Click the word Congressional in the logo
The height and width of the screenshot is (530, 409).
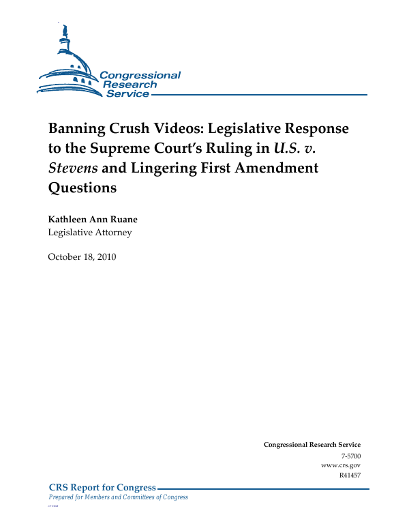point(140,75)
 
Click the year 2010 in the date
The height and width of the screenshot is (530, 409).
point(105,256)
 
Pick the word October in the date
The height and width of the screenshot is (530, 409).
point(65,256)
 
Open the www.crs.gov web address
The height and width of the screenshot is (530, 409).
point(341,465)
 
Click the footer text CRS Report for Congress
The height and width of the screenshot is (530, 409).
point(103,488)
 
